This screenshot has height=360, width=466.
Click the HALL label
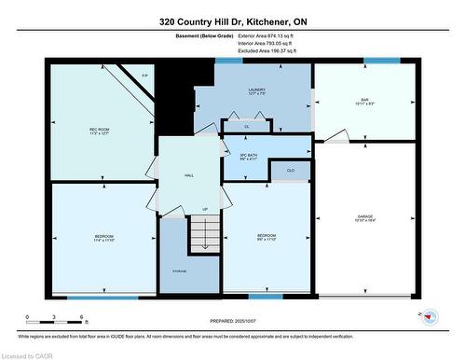coord(189,174)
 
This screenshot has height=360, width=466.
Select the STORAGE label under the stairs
coord(178,270)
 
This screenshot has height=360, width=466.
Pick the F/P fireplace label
coord(145,75)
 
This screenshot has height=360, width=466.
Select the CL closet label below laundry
coord(246,126)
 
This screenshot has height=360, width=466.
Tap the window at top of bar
coord(381,62)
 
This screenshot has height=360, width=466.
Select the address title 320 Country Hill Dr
coord(232,21)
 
